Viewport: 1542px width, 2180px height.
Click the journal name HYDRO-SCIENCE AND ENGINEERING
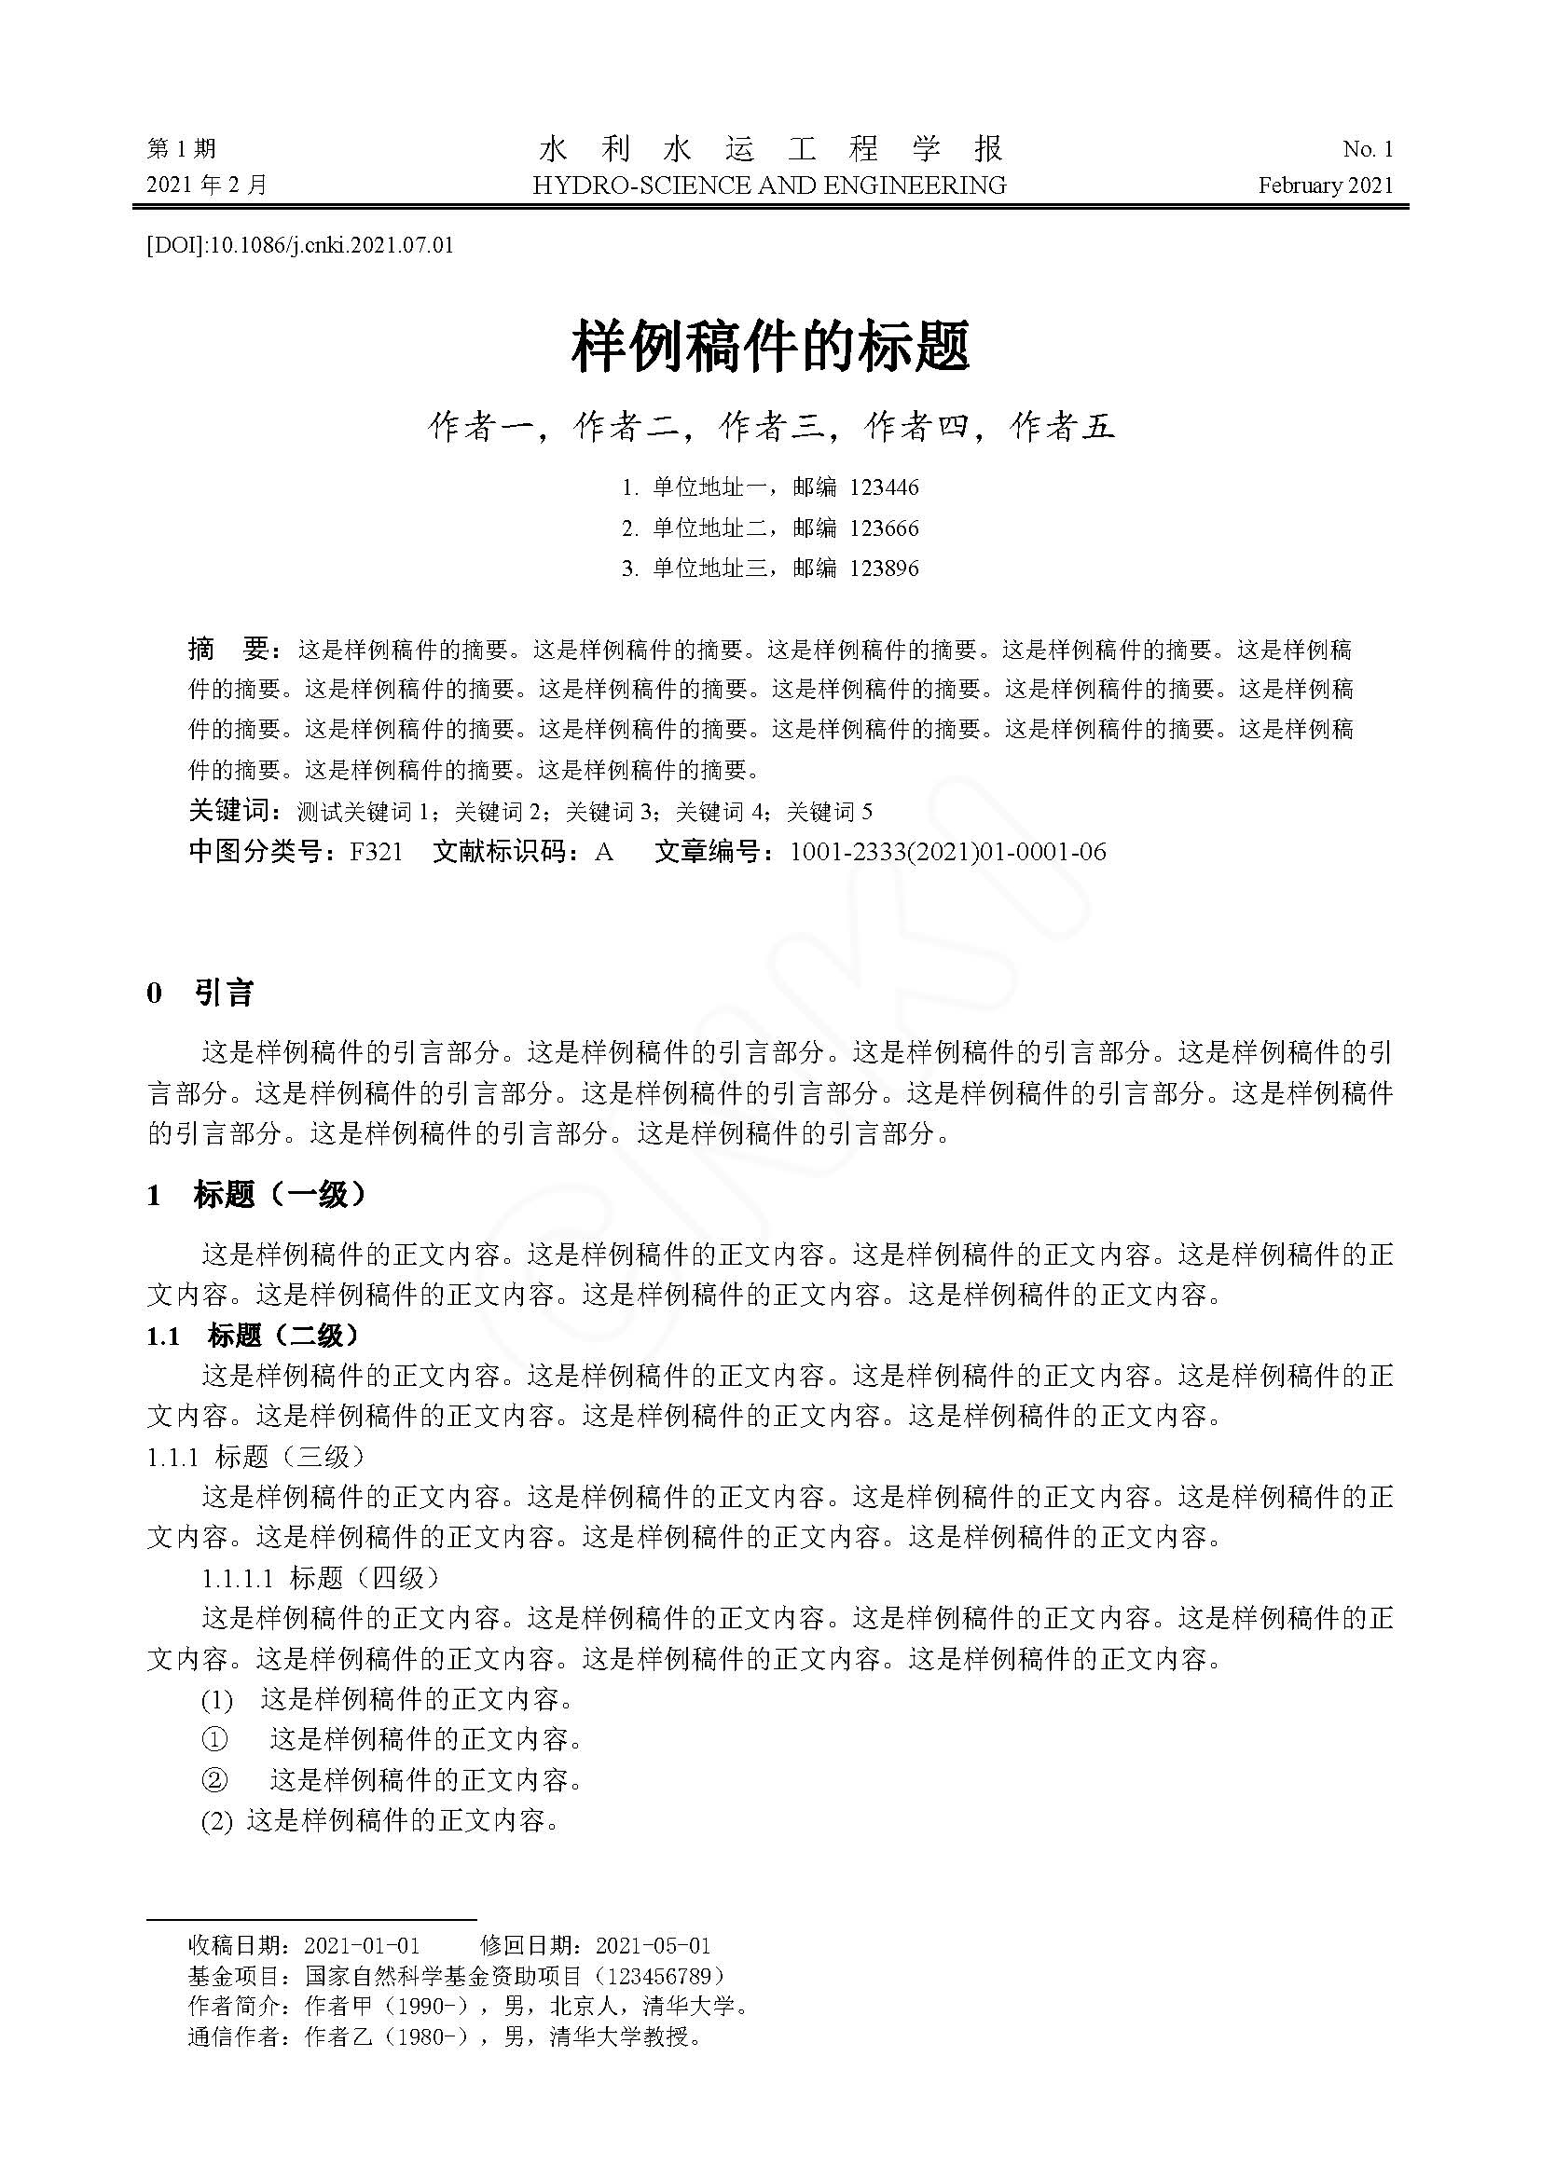pos(769,185)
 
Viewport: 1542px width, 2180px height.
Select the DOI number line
pos(300,245)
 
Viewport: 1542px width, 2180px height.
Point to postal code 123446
pos(884,487)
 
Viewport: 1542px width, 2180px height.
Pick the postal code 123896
pos(884,568)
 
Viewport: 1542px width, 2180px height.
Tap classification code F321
pos(376,852)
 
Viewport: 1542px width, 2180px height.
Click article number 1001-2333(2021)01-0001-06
pos(947,852)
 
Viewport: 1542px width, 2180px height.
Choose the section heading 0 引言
pos(200,994)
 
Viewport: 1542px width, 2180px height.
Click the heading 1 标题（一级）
pos(256,1195)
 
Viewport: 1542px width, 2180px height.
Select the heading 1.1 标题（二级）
pos(254,1336)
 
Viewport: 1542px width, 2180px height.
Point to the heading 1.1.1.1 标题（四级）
pos(322,1578)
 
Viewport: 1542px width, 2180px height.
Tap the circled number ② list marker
pos(215,1779)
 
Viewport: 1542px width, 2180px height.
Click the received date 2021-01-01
pos(362,1945)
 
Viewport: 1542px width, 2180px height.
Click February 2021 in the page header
pos(1326,185)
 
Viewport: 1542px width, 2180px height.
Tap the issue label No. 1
pos(1368,149)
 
